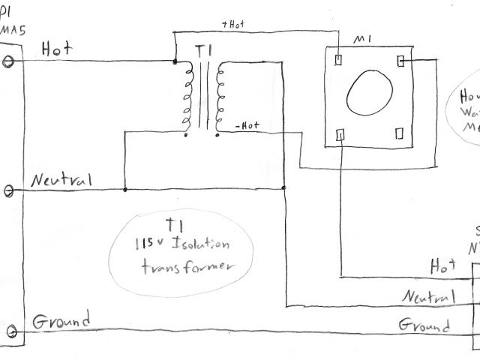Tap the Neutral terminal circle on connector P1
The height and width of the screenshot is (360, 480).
pyautogui.click(x=9, y=191)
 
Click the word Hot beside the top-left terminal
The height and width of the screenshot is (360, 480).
pyautogui.click(x=56, y=50)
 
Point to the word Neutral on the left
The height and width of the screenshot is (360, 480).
pyautogui.click(x=61, y=180)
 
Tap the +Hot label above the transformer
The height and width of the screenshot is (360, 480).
pyautogui.click(x=232, y=25)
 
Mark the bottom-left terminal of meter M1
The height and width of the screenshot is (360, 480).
pyautogui.click(x=340, y=135)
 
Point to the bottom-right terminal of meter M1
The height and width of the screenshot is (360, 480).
pyautogui.click(x=400, y=135)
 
